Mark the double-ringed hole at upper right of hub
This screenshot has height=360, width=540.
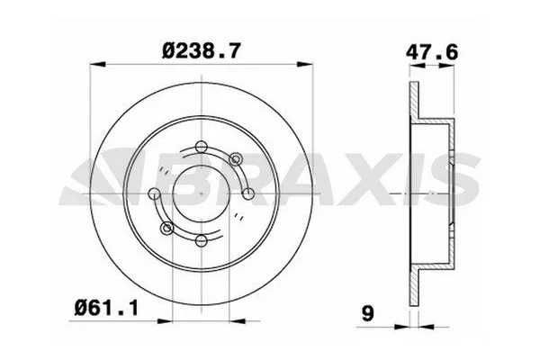[x=236, y=159]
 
